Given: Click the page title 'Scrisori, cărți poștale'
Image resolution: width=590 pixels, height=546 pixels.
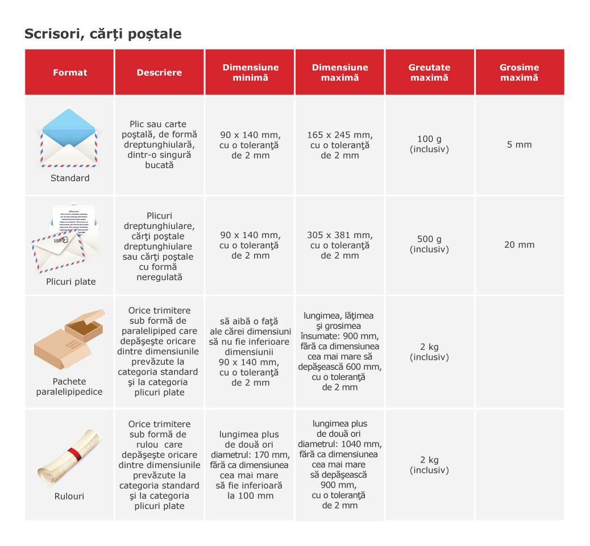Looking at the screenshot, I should tap(103, 34).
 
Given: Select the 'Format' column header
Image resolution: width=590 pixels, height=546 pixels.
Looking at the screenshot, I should tap(70, 73).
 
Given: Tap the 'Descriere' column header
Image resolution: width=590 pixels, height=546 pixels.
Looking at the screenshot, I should tap(159, 73).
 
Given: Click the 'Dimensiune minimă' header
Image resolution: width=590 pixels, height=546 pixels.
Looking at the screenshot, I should tap(250, 72).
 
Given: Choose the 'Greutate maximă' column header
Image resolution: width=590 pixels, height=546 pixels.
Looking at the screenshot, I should tap(429, 72).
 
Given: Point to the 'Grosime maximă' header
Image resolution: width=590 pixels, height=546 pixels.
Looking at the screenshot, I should tap(519, 72).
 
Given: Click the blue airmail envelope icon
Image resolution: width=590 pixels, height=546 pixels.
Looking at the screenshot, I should tap(69, 137).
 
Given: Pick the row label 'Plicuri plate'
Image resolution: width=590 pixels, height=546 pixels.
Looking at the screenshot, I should tap(71, 282).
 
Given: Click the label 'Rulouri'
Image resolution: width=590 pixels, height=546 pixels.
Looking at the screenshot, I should tap(69, 496).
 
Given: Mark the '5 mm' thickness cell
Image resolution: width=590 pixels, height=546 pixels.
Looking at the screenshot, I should tap(519, 145).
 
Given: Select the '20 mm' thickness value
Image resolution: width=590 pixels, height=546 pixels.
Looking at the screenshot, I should tap(519, 245).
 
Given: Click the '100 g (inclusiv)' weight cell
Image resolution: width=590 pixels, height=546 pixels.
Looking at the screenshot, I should tap(429, 144).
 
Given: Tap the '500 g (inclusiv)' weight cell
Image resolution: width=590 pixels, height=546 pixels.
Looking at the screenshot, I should tap(429, 244).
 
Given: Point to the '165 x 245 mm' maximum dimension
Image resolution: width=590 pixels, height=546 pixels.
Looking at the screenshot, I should tap(340, 135).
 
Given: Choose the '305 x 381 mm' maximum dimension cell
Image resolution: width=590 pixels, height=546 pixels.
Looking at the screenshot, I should tap(340, 235).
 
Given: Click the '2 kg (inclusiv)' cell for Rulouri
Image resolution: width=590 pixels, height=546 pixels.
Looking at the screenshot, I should tap(429, 465).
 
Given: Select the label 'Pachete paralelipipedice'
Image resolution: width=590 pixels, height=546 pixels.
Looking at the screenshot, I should tap(69, 387).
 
